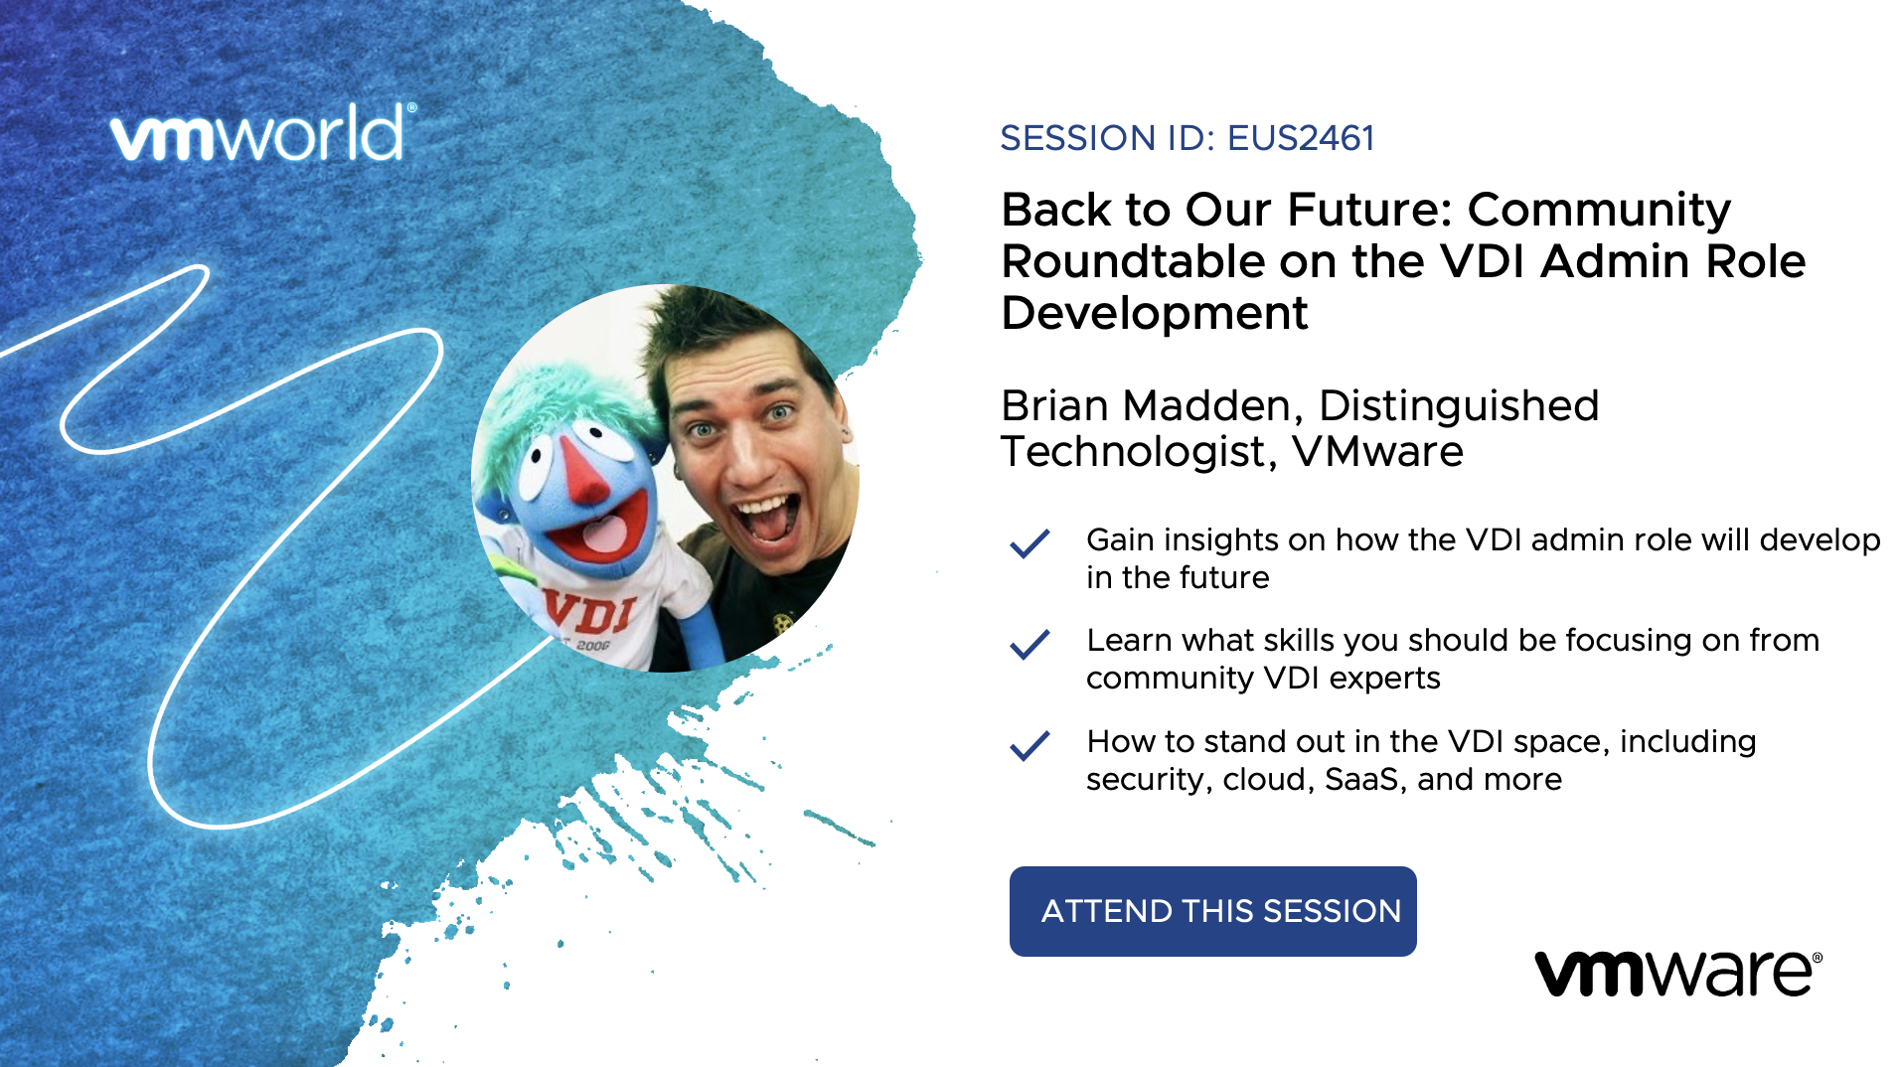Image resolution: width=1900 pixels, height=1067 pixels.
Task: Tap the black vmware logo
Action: click(x=1678, y=973)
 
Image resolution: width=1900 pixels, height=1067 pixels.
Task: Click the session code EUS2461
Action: click(x=1301, y=138)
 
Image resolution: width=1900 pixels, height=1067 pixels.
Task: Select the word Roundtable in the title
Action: click(x=1133, y=261)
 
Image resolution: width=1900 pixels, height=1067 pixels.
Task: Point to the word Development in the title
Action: click(x=1154, y=313)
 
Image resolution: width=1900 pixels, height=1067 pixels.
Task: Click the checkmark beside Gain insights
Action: click(x=1029, y=543)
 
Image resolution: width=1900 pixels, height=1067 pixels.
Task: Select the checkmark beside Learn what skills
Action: click(x=1029, y=644)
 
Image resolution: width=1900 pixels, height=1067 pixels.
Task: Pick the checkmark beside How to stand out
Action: click(x=1029, y=745)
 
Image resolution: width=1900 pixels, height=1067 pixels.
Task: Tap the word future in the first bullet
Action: click(x=1223, y=578)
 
